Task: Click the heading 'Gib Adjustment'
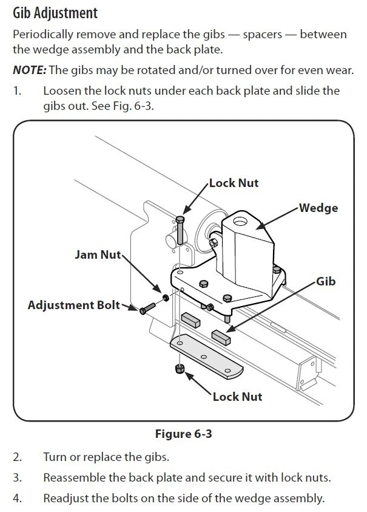click(x=55, y=12)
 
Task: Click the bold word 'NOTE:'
click(x=29, y=70)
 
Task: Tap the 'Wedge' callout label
click(x=318, y=208)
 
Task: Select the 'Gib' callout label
click(x=326, y=282)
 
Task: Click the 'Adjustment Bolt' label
click(x=74, y=305)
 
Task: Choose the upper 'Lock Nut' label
click(x=234, y=183)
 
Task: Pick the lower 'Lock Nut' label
click(x=238, y=396)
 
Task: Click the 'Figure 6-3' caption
click(x=183, y=434)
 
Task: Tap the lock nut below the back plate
click(x=180, y=369)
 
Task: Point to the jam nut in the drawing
click(x=166, y=299)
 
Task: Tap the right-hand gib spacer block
click(x=221, y=337)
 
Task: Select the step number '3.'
click(x=18, y=477)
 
